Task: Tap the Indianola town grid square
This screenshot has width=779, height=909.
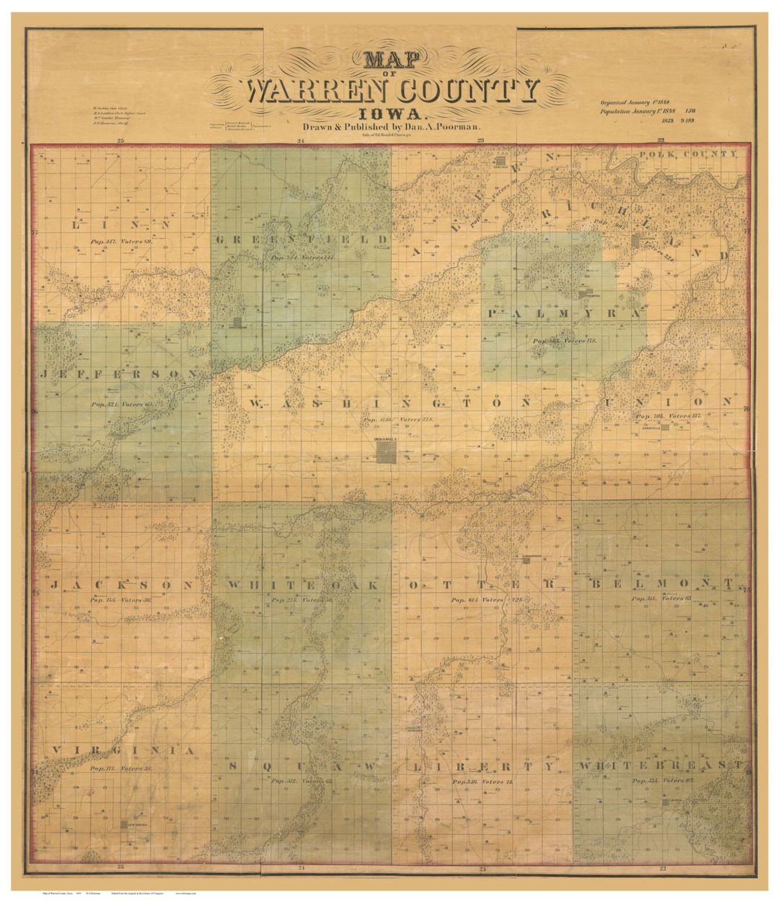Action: click(386, 452)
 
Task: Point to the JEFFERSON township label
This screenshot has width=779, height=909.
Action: click(119, 374)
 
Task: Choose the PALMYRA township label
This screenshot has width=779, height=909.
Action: click(564, 314)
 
